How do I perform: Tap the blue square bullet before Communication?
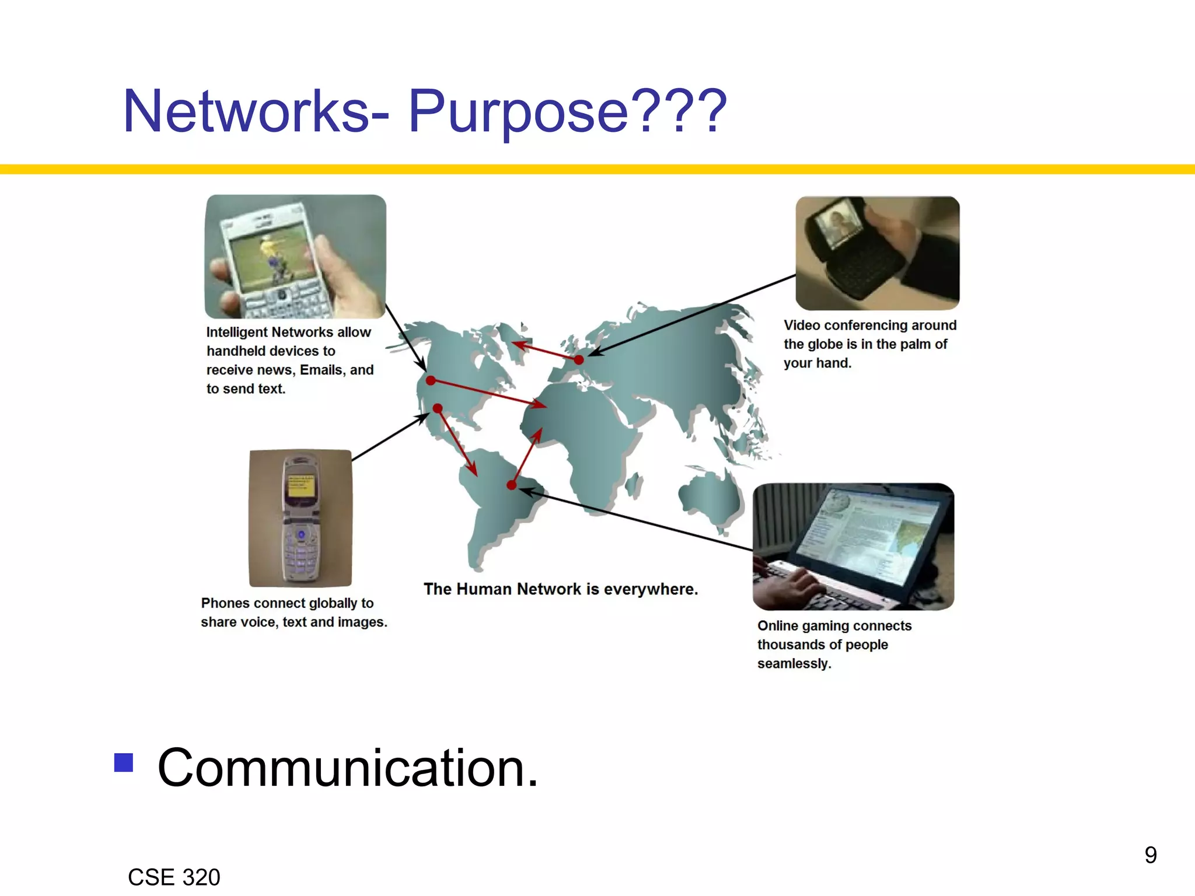click(x=123, y=762)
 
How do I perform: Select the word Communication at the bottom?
click(x=348, y=768)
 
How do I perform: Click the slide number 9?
click(x=1150, y=855)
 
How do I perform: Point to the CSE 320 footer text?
click(x=174, y=877)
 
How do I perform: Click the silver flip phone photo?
click(x=301, y=518)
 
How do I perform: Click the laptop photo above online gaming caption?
click(x=853, y=546)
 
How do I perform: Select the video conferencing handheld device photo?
click(x=878, y=253)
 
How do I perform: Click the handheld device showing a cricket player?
click(x=295, y=257)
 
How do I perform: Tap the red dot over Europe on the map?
click(x=579, y=360)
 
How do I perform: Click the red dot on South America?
click(x=511, y=485)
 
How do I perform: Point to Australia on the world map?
click(x=711, y=496)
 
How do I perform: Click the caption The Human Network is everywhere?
click(x=560, y=589)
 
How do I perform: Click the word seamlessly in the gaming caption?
click(x=794, y=664)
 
